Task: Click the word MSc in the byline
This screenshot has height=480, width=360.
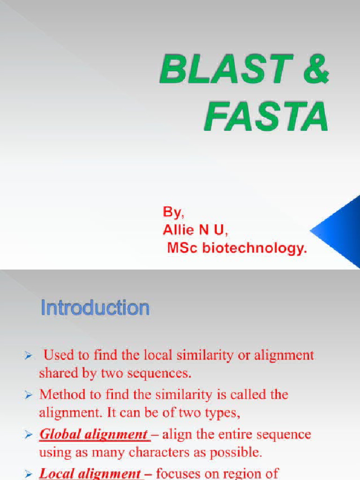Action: coord(183,248)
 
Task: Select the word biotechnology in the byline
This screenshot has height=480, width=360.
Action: coord(255,248)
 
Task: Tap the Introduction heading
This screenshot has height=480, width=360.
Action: coord(95,308)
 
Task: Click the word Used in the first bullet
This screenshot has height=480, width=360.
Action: coord(58,355)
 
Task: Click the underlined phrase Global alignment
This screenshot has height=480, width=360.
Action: coord(94,435)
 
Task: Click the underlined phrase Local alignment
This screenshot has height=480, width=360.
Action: coord(90,473)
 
